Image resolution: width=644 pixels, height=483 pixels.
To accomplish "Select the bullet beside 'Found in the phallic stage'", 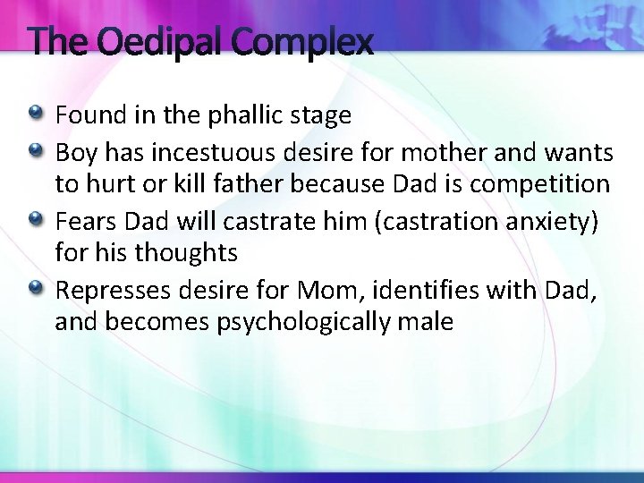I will pos(36,114).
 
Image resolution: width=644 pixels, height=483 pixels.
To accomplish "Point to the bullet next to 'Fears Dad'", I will pos(36,218).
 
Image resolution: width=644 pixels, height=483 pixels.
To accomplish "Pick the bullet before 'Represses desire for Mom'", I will pos(36,287).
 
